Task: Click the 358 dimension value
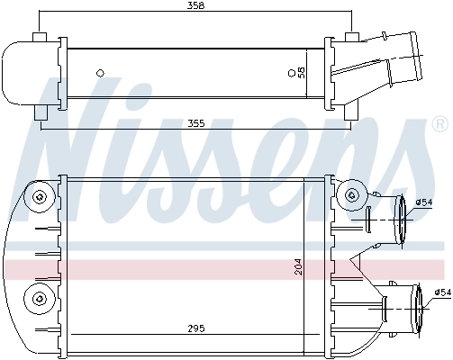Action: [195, 5]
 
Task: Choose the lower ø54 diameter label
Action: [441, 292]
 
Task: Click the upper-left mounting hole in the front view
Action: [38, 197]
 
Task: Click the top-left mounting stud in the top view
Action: [39, 37]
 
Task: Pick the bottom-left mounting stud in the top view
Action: [39, 113]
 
